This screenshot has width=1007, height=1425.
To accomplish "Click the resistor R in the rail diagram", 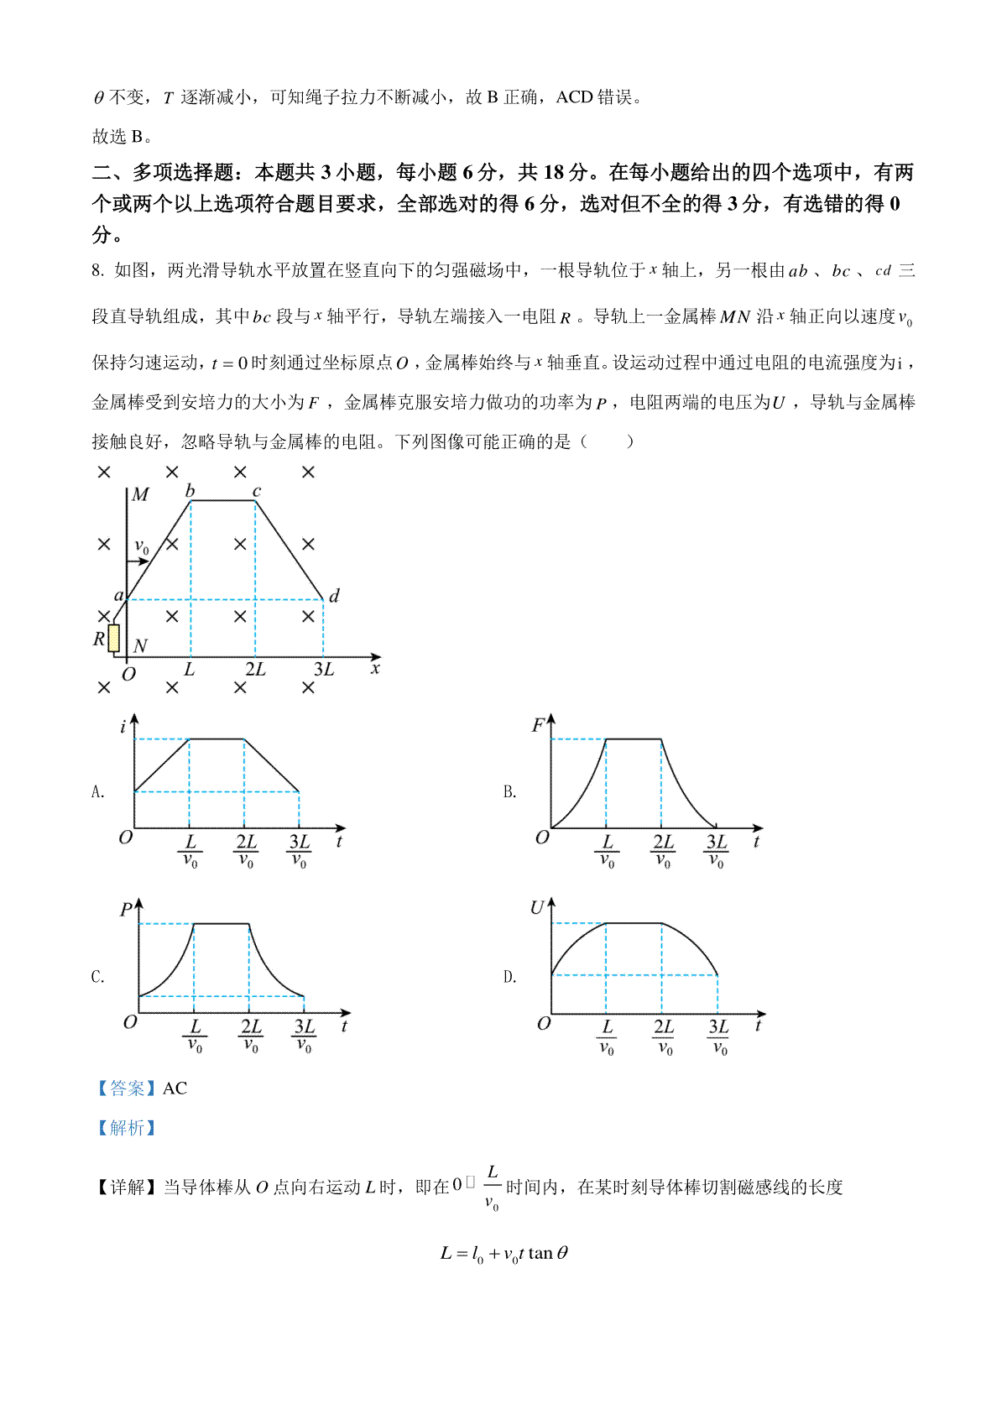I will point(114,639).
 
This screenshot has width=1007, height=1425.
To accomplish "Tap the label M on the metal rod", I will point(140,495).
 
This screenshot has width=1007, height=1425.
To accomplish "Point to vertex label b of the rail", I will point(190,491).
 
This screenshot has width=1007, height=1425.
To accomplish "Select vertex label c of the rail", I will point(257,492).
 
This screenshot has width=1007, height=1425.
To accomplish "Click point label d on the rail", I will point(334,596).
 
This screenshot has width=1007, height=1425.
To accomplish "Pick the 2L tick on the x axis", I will point(255,670).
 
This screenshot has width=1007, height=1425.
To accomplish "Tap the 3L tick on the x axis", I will point(324,670).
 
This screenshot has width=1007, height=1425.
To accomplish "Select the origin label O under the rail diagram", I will point(128,674).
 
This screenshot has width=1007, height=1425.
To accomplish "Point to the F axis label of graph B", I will point(539,726).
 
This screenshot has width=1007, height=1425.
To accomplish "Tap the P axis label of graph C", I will point(126,910).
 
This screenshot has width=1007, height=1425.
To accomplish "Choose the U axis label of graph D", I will point(537,908).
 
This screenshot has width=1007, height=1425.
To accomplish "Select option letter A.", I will point(98,791).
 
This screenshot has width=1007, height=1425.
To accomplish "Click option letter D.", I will point(509,977).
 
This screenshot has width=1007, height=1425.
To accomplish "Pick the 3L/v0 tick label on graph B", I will point(717,851).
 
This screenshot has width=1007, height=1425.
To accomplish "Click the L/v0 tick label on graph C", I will point(196,1036).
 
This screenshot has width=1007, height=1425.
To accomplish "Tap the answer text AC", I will point(175,1088).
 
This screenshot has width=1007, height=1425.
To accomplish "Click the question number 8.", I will point(98,270).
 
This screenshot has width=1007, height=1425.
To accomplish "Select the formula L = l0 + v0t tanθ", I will point(503,1254).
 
